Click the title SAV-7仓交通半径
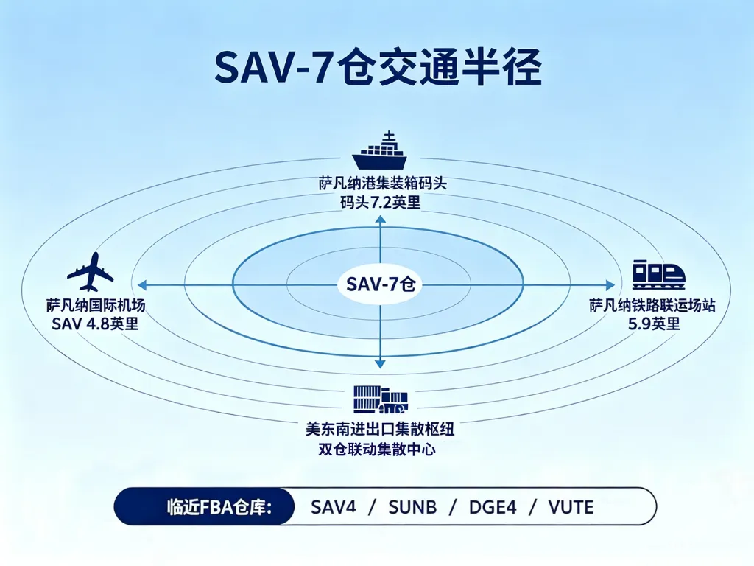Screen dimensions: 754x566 tap(378, 68)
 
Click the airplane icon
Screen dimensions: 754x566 tap(91, 272)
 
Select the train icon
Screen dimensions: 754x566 tap(658, 274)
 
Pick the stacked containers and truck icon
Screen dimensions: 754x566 tap(381, 399)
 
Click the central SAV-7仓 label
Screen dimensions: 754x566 tap(381, 284)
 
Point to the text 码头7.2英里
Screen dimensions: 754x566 tap(381, 203)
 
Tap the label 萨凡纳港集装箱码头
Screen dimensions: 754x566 tap(382, 184)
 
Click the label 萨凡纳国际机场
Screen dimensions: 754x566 tap(96, 305)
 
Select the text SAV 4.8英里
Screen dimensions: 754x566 tap(95, 324)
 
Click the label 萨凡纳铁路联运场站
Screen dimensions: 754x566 tap(652, 305)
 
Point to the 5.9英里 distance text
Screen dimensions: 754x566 tap(654, 324)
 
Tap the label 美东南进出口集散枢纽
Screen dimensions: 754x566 tap(380, 428)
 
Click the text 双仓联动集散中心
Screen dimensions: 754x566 tap(377, 450)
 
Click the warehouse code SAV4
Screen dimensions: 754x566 tap(334, 507)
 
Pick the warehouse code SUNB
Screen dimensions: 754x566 tap(412, 507)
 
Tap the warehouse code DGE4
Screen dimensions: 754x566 tap(493, 507)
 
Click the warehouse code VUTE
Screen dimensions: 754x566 tap(571, 507)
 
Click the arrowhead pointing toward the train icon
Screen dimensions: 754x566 tap(610, 285)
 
